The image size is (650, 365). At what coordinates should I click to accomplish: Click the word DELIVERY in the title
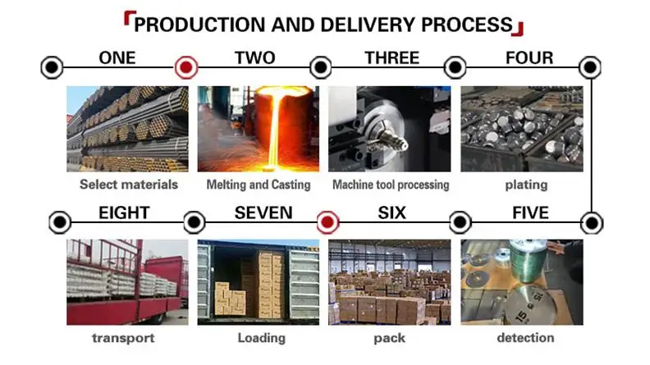click(x=362, y=24)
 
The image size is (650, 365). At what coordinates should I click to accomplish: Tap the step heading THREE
click(x=391, y=58)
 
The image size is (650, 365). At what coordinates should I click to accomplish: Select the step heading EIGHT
click(x=124, y=213)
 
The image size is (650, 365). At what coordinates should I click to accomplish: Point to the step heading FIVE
click(x=530, y=213)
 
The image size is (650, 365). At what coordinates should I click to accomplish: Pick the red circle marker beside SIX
click(x=327, y=221)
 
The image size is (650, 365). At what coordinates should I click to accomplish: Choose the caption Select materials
click(x=128, y=185)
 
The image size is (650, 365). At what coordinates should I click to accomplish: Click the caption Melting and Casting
click(x=259, y=185)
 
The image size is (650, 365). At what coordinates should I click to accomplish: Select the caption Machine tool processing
click(x=391, y=185)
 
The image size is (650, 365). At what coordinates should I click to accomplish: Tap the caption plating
click(x=526, y=185)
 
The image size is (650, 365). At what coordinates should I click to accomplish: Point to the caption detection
click(x=525, y=337)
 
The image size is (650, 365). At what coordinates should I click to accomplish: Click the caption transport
click(x=123, y=337)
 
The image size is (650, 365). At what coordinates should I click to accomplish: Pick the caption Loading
click(x=261, y=337)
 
